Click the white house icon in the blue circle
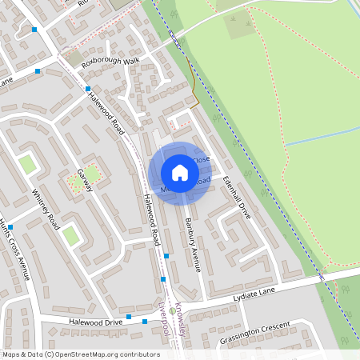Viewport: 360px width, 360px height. pyautogui.click(x=180, y=173)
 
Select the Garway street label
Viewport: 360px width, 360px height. pyautogui.click(x=85, y=180)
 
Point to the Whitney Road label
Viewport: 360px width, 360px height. pyautogui.click(x=46, y=210)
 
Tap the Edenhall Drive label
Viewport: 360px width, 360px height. pyautogui.click(x=238, y=198)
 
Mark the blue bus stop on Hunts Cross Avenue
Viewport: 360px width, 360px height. pyautogui.click(x=10, y=227)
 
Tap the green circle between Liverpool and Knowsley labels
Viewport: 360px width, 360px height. pyautogui.click(x=171, y=310)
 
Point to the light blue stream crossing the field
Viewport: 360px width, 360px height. pyautogui.click(x=320, y=135)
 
